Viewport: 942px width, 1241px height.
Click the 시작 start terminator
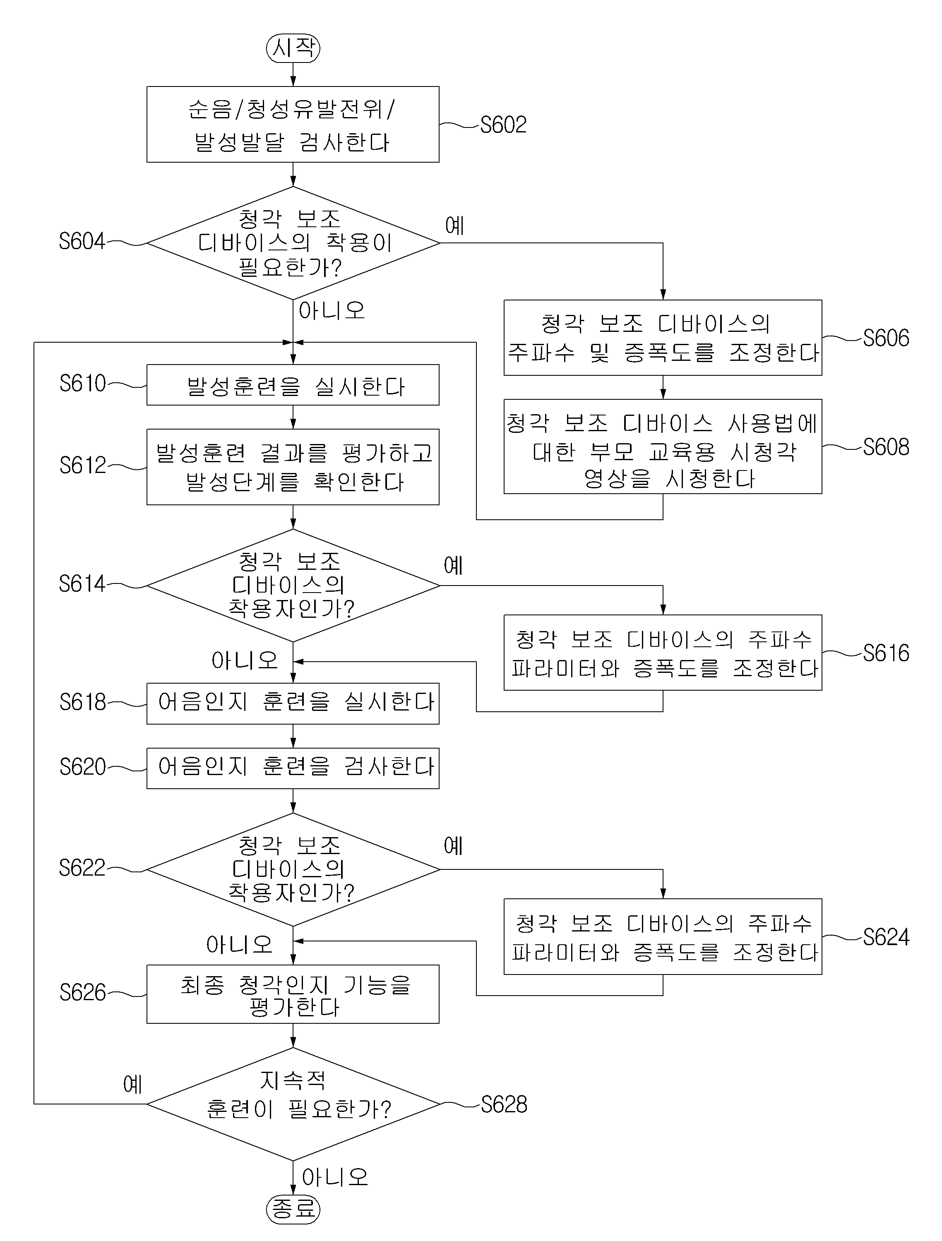point(293,47)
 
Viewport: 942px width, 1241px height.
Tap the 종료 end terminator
point(293,1208)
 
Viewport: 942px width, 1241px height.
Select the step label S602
point(503,125)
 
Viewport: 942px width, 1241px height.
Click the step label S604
point(82,241)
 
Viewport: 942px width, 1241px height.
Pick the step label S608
point(886,447)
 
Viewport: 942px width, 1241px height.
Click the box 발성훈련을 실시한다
point(293,385)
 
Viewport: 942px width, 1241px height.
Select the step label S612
point(82,465)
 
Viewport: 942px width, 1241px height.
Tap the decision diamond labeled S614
point(293,586)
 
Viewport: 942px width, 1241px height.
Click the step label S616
point(886,653)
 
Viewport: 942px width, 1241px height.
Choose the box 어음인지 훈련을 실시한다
point(293,703)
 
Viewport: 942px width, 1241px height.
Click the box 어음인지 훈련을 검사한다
point(293,768)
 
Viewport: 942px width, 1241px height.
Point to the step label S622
point(82,868)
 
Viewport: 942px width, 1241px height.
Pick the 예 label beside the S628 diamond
point(133,1084)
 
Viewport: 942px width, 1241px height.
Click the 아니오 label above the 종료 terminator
point(335,1177)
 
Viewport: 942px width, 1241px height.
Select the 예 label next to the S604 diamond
point(455,226)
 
